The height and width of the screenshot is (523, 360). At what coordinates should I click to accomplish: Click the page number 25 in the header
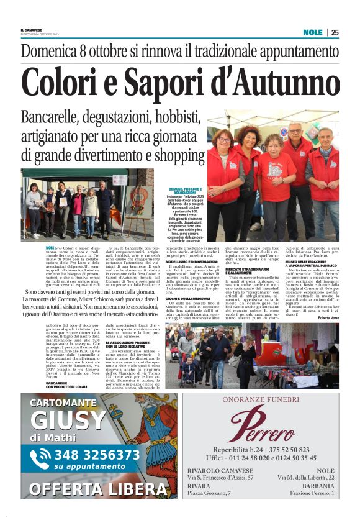tap(335, 32)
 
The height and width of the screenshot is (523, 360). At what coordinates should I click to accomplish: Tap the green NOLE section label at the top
tap(312, 32)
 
